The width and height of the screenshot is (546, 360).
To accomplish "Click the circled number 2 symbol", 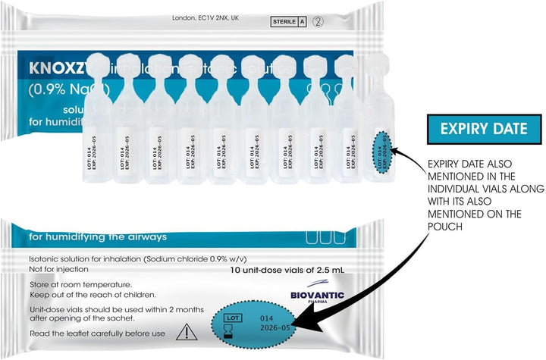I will (x=318, y=22).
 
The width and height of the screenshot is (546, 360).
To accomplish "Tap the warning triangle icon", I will (x=185, y=331).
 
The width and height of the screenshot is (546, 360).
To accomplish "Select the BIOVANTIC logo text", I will (x=317, y=295).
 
